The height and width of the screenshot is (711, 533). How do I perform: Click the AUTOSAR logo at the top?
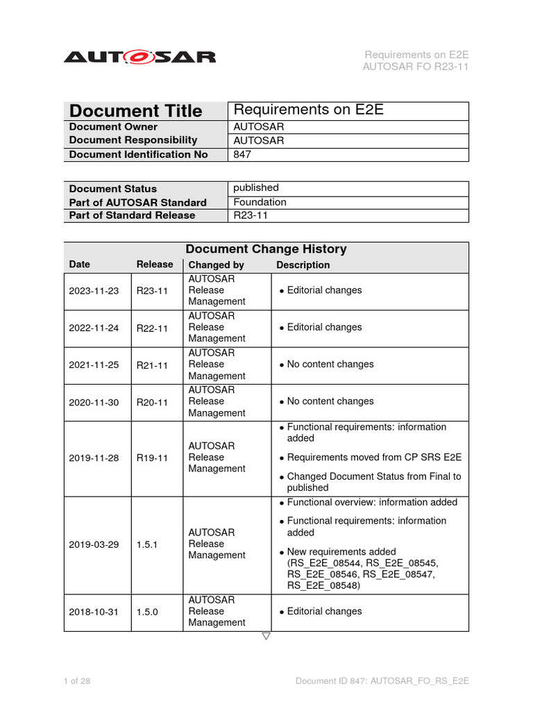tap(139, 57)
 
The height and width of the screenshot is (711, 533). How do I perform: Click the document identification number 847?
tap(242, 154)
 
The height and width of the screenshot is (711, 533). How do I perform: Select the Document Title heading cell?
tap(136, 111)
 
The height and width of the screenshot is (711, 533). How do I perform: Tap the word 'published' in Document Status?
tap(256, 187)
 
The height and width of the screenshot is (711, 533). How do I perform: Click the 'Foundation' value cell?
tap(260, 202)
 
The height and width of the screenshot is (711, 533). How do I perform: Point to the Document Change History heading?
tap(266, 249)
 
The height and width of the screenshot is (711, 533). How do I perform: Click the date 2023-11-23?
tap(94, 290)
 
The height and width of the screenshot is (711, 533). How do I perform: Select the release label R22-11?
tap(152, 327)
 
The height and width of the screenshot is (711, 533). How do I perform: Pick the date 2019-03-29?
tap(94, 544)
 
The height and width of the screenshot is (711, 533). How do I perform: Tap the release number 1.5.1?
tap(146, 544)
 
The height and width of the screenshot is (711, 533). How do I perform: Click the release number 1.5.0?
tap(146, 611)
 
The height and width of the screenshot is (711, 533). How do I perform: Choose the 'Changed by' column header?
tap(216, 265)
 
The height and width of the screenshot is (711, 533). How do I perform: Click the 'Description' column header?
tap(303, 265)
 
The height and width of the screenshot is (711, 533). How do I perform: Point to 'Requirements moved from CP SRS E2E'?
tap(374, 457)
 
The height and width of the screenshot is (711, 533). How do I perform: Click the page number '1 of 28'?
tap(77, 681)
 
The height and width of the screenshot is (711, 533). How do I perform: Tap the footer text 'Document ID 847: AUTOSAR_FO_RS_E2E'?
tap(382, 681)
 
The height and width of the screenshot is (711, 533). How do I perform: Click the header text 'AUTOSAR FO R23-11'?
tap(416, 67)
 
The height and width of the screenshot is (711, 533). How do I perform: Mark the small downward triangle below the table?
tap(266, 636)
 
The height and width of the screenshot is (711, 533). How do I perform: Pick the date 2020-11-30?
tap(94, 401)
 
